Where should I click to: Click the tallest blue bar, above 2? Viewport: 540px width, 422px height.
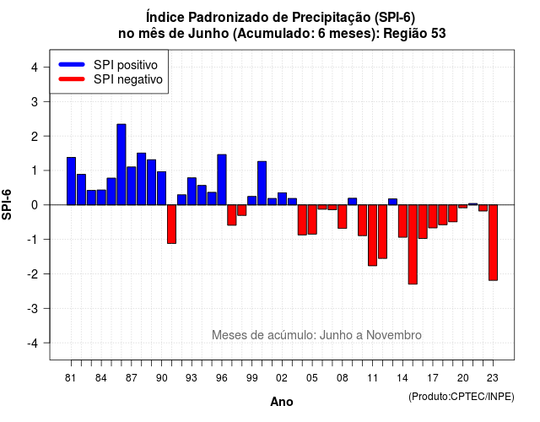pyautogui.click(x=121, y=165)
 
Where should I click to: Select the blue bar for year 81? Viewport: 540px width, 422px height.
pyautogui.click(x=71, y=181)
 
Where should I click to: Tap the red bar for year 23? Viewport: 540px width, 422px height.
pyautogui.click(x=493, y=242)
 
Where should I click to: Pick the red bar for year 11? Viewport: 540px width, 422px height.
pyautogui.click(x=372, y=235)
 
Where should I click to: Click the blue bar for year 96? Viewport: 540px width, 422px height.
pyautogui.click(x=222, y=180)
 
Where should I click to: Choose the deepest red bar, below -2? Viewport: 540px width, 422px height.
pyautogui.click(x=413, y=245)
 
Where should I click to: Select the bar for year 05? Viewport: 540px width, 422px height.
pyautogui.click(x=312, y=219)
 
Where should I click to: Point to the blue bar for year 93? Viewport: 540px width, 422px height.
pyautogui.click(x=192, y=192)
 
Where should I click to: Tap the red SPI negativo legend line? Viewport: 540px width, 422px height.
pyautogui.click(x=72, y=79)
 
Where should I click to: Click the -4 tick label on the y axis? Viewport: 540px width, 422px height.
pyautogui.click(x=33, y=344)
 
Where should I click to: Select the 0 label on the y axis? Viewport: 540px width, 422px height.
pyautogui.click(x=35, y=205)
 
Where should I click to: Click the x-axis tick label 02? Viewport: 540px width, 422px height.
pyautogui.click(x=282, y=378)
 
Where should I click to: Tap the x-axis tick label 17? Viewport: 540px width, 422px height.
pyautogui.click(x=433, y=378)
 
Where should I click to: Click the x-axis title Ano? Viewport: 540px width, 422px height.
pyautogui.click(x=281, y=402)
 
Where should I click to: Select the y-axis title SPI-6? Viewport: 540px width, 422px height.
pyautogui.click(x=7, y=204)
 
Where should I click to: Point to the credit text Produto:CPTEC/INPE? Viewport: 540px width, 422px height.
pyautogui.click(x=462, y=397)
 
